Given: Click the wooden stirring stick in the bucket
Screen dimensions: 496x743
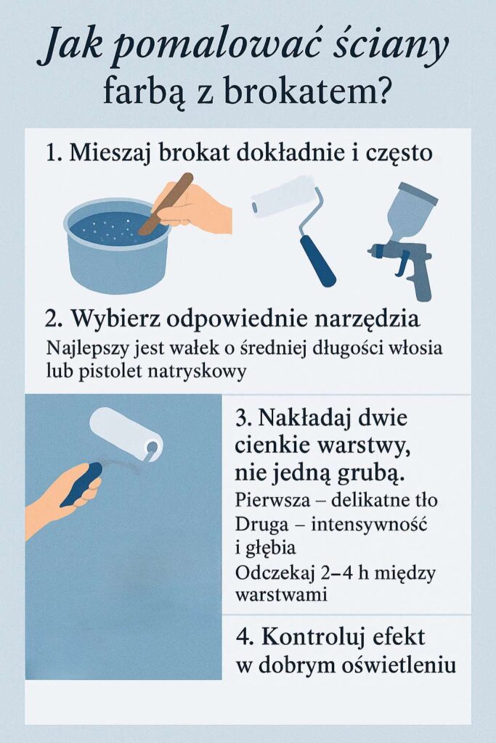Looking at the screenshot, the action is pos(166,204).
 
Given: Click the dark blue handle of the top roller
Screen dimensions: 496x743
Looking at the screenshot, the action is pos(317,260).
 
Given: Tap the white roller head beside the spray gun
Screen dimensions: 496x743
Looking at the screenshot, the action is pos(283,197).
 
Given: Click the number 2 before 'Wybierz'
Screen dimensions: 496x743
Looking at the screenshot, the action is pos(52,318).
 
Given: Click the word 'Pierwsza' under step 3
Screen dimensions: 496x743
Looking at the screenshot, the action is pos(272,501).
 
